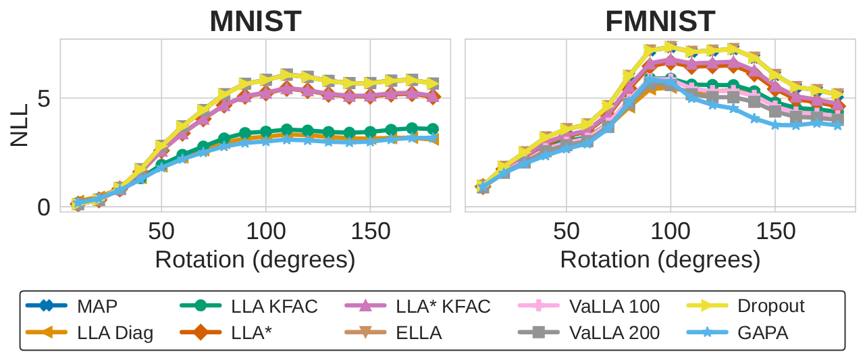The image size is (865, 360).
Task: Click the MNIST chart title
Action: pyautogui.click(x=255, y=22)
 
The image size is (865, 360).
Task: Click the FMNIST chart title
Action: pyautogui.click(x=660, y=22)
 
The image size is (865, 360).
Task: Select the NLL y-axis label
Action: pyautogui.click(x=20, y=125)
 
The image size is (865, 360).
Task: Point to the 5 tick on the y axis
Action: pyautogui.click(x=44, y=99)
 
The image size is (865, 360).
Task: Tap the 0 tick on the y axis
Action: pyautogui.click(x=44, y=207)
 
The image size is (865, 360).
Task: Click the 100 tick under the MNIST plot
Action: pyautogui.click(x=265, y=232)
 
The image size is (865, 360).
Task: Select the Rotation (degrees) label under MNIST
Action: pyautogui.click(x=255, y=259)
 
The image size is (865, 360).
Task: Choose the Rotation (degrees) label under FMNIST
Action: pyautogui.click(x=660, y=259)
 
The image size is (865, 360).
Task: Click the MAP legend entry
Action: pyautogui.click(x=97, y=306)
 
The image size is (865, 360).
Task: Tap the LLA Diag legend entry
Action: pyautogui.click(x=115, y=332)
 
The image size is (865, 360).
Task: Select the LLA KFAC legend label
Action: pyautogui.click(x=274, y=306)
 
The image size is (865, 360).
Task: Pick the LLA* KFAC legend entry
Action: pyautogui.click(x=443, y=306)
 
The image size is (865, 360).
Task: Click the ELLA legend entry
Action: pyautogui.click(x=420, y=332)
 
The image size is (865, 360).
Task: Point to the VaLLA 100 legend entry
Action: pyautogui.click(x=614, y=306)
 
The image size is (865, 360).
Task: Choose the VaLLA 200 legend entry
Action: pyautogui.click(x=614, y=332)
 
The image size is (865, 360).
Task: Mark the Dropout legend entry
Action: pyautogui.click(x=770, y=306)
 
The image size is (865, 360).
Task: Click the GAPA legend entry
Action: pyautogui.click(x=763, y=332)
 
